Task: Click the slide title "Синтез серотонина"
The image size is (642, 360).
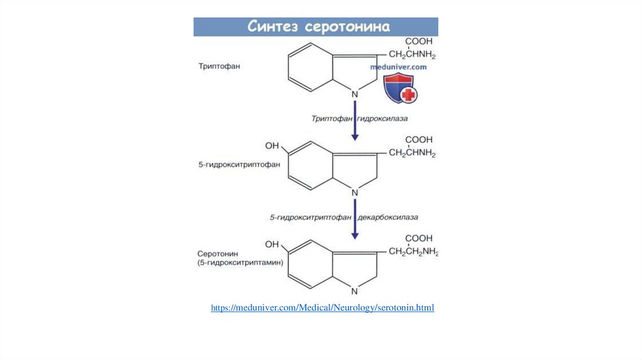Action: [318, 27]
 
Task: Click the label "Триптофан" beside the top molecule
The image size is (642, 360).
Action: [219, 65]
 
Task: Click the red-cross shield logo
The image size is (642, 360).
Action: [400, 88]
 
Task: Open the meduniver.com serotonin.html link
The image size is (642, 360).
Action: [322, 308]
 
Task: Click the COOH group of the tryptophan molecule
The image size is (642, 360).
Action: [418, 41]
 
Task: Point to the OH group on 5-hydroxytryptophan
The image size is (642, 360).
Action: [272, 146]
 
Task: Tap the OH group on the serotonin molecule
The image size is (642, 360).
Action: [272, 244]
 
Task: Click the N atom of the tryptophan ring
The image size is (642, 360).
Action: [354, 94]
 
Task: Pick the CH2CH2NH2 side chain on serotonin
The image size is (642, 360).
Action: [413, 252]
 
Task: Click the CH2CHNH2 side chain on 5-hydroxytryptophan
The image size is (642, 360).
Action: [412, 153]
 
